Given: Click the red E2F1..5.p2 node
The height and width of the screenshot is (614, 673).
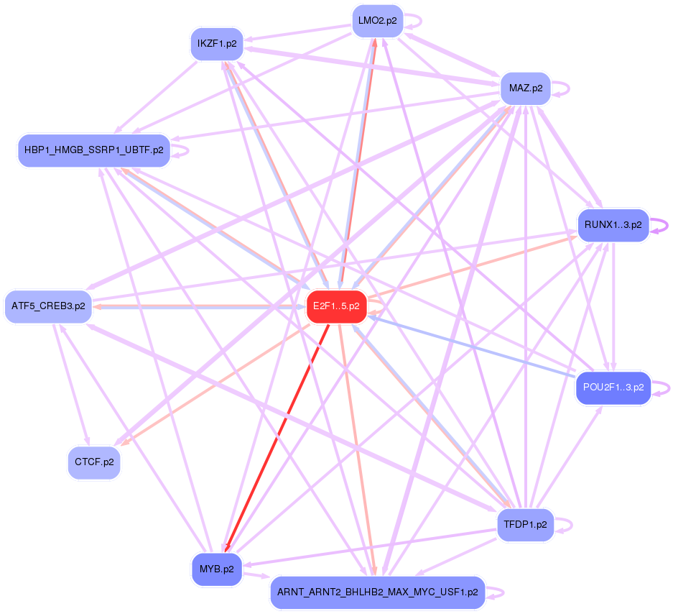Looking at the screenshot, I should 337,307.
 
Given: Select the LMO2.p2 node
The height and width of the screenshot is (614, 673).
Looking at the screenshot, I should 377,21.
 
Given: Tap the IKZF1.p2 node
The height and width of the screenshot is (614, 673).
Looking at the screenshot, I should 216,44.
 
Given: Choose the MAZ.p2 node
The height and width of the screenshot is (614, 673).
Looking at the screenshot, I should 525,89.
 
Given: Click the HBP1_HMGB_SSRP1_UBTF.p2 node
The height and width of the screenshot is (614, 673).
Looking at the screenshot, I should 93,150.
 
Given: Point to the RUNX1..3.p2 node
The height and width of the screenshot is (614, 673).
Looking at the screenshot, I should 613,225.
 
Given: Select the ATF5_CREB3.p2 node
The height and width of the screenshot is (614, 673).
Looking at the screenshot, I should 48,306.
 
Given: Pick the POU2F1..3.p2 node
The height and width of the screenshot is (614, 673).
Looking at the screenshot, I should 613,388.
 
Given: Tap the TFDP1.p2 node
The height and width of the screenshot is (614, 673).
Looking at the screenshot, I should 525,524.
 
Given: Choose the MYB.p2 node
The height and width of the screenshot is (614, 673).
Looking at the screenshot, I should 216,569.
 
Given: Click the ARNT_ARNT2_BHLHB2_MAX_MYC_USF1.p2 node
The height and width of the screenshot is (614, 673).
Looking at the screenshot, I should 377,592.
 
